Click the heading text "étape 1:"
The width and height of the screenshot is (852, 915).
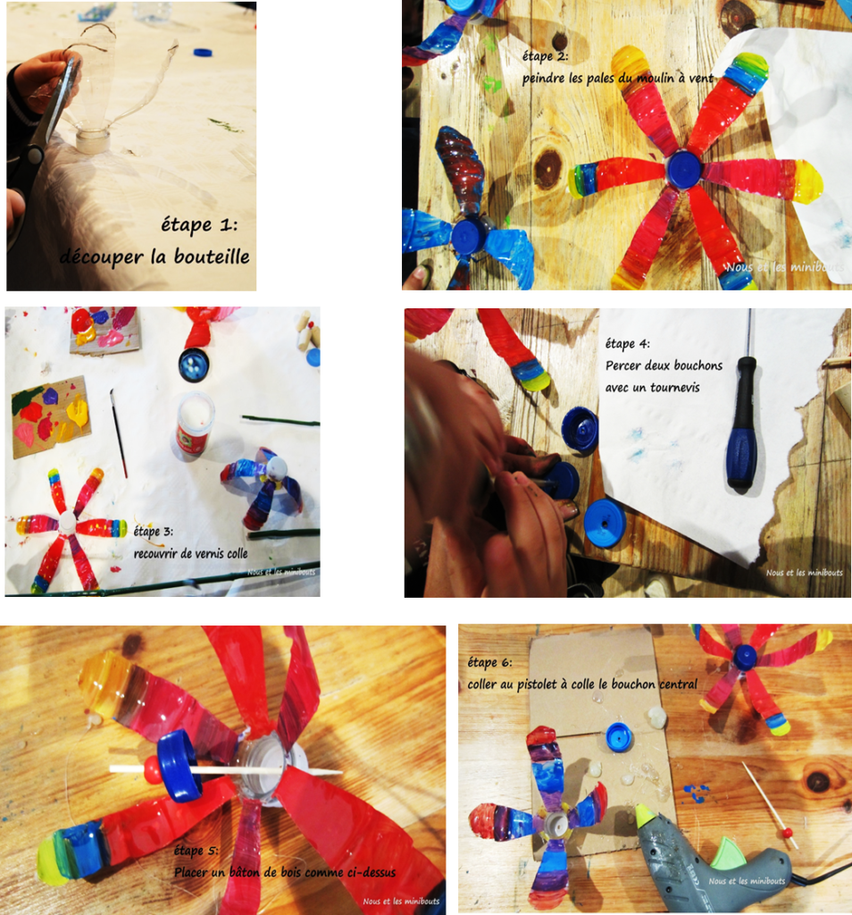pos(199,224)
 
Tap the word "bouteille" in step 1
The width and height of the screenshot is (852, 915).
pos(212,256)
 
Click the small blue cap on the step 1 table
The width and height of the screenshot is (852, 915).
pos(203,53)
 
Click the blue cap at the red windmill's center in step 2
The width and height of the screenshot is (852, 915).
pos(684,169)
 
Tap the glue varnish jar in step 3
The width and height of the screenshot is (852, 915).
pos(194,424)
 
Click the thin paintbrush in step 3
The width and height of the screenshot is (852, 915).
pos(119,433)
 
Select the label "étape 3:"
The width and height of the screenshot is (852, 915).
pos(153,532)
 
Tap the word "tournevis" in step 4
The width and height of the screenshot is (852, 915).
pos(674,388)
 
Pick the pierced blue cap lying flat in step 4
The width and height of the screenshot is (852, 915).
pos(604,524)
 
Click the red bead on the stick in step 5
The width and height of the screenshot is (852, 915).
pos(152,771)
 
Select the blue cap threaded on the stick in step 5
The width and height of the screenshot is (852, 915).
pos(180,765)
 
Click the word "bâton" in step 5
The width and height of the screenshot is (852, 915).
pos(241,872)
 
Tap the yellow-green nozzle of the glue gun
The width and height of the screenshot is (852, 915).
pos(646,815)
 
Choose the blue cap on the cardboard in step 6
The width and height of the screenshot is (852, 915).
pos(619,736)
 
